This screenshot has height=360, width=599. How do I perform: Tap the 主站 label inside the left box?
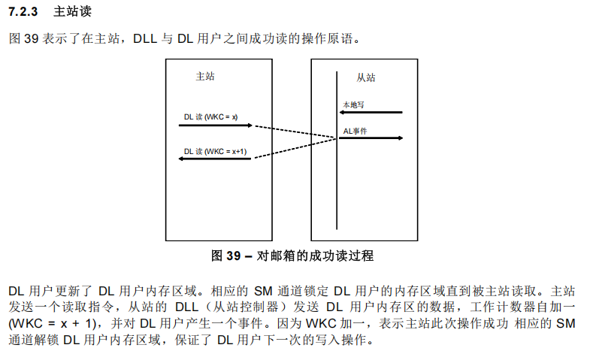tap(204, 76)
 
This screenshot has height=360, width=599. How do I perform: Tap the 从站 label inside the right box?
tap(366, 77)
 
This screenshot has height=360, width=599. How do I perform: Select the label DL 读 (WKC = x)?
tap(210, 116)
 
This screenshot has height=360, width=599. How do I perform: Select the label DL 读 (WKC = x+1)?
tap(215, 150)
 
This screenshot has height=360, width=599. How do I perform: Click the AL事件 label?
tap(355, 131)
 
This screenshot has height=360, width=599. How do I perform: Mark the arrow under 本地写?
tap(371, 113)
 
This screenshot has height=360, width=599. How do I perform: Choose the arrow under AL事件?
tap(371, 138)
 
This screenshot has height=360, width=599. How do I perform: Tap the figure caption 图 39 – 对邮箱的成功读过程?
tap(292, 256)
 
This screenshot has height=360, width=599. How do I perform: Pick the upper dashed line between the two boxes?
tap(294, 132)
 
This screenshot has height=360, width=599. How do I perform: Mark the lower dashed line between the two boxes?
tap(294, 148)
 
